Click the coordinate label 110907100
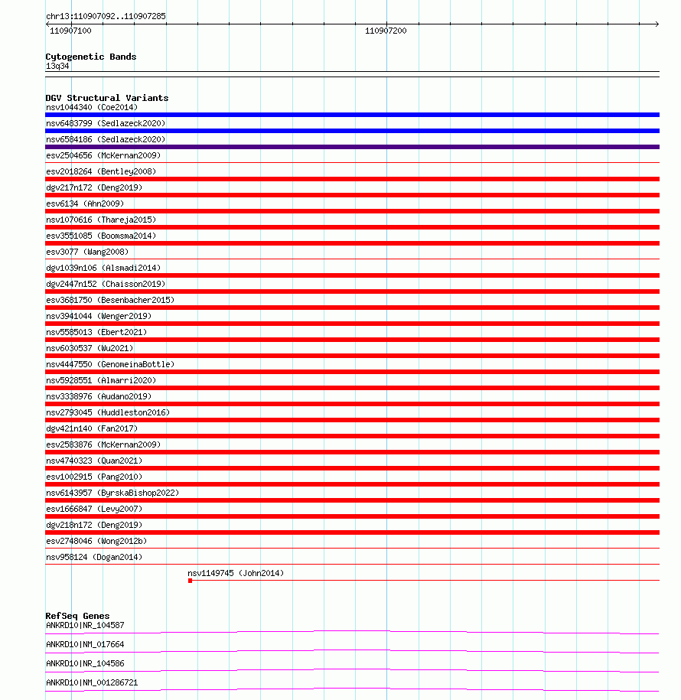click(70, 31)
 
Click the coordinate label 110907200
click(386, 31)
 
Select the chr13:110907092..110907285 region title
click(106, 16)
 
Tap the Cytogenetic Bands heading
click(90, 57)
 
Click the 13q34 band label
click(57, 66)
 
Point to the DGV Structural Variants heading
click(106, 98)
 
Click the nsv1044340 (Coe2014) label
click(92, 107)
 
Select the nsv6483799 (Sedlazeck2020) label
click(106, 123)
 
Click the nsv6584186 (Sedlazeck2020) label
click(106, 139)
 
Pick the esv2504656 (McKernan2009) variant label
click(103, 155)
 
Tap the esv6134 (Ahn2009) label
click(85, 203)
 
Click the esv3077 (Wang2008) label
click(87, 252)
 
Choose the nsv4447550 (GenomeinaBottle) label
click(110, 364)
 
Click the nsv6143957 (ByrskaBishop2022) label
click(112, 493)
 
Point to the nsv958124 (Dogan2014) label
click(94, 557)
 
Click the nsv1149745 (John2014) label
click(236, 573)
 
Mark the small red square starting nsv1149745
click(190, 581)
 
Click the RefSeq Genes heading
click(77, 616)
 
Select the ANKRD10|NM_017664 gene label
click(85, 644)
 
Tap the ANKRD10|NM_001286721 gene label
click(92, 682)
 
